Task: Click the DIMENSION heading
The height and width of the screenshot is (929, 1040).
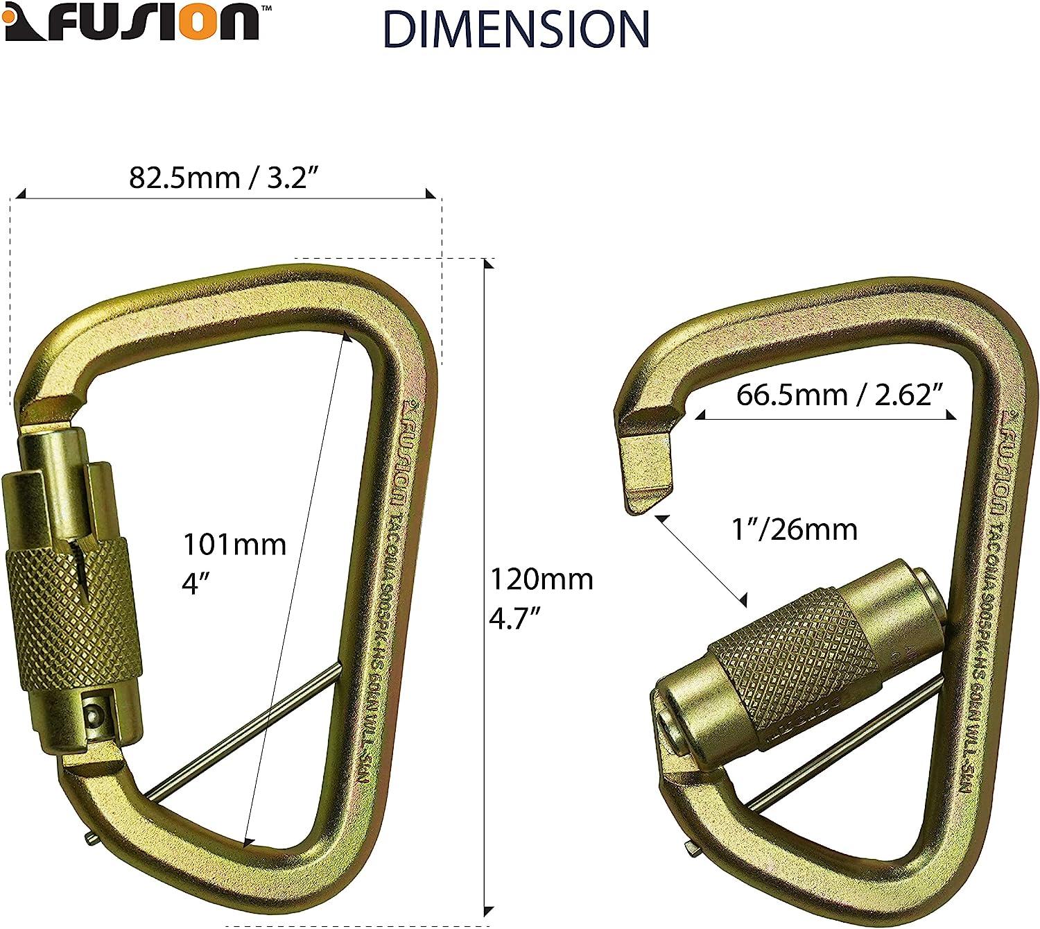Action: pos(516,29)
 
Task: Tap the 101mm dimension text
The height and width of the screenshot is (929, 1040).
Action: pos(234,545)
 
